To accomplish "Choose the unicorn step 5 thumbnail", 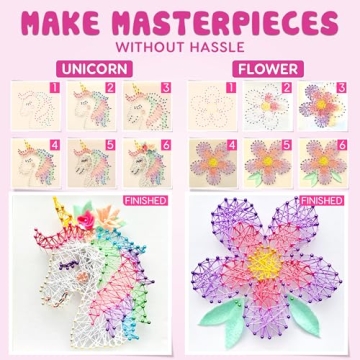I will (x=92, y=160).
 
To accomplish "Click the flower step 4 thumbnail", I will (x=210, y=160).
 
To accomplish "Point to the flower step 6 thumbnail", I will (x=324, y=160).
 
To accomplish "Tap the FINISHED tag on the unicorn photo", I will (x=147, y=200).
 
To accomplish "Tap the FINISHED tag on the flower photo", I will (x=324, y=200).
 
